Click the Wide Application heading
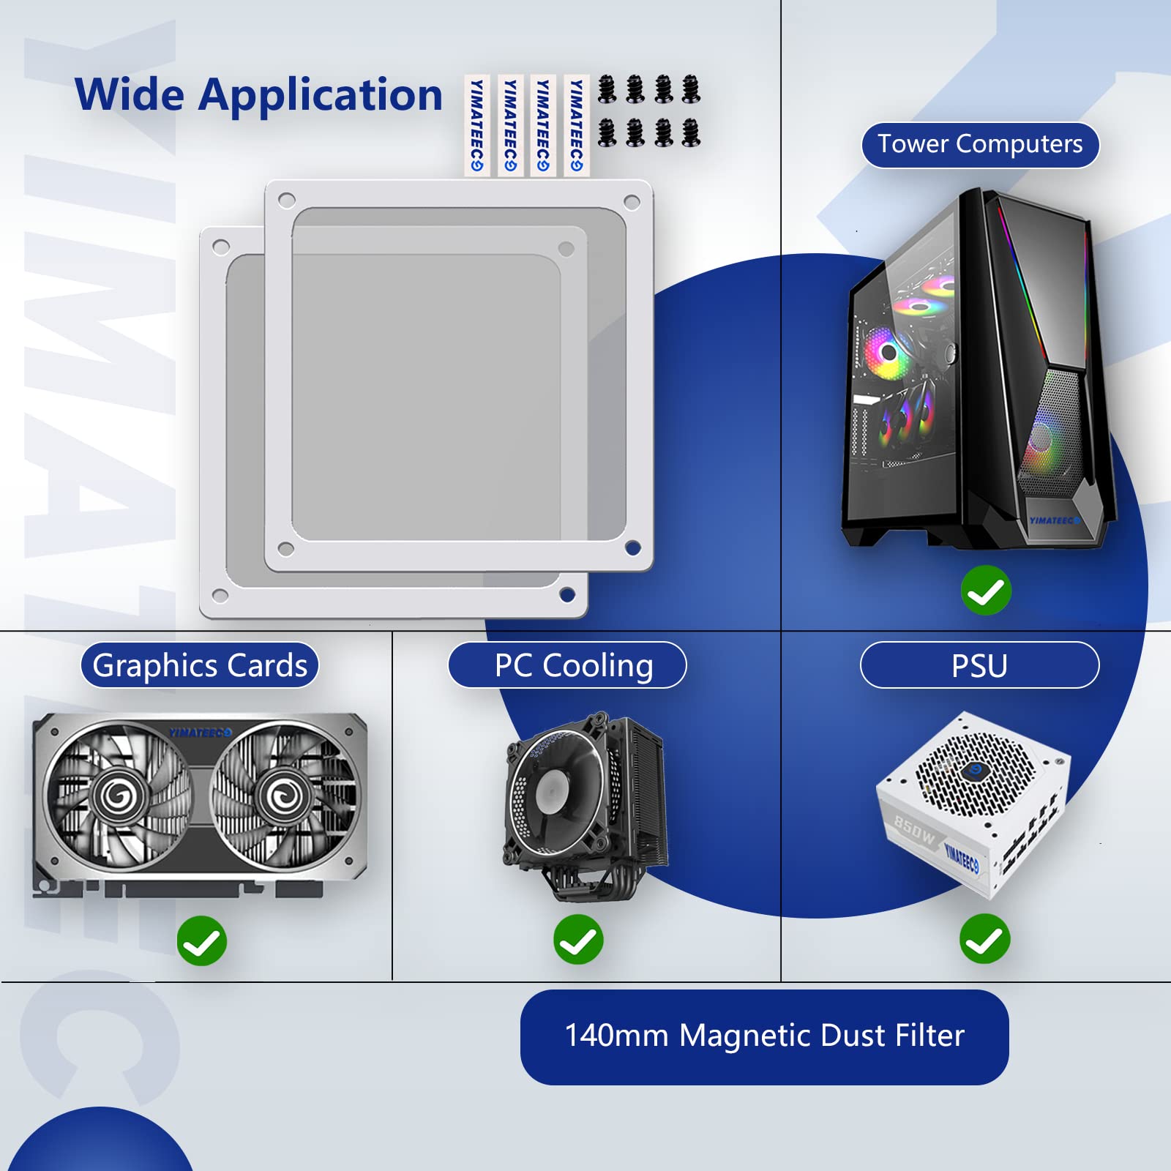click(x=258, y=95)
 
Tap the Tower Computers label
click(x=980, y=144)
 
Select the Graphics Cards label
click(x=200, y=665)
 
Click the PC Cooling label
click(x=567, y=665)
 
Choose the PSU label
click(x=979, y=665)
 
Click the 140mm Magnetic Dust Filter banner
click(x=764, y=1036)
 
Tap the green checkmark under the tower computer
click(x=986, y=590)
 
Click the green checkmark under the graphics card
click(x=202, y=940)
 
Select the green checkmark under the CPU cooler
click(x=578, y=940)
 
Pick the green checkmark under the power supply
click(x=985, y=939)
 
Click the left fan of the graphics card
click(x=117, y=794)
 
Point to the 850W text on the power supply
click(x=915, y=830)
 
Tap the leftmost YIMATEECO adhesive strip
click(x=476, y=125)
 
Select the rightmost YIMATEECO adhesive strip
click(x=576, y=125)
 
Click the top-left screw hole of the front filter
click(x=287, y=200)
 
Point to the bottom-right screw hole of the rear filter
click(x=566, y=594)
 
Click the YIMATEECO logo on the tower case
click(x=1054, y=520)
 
